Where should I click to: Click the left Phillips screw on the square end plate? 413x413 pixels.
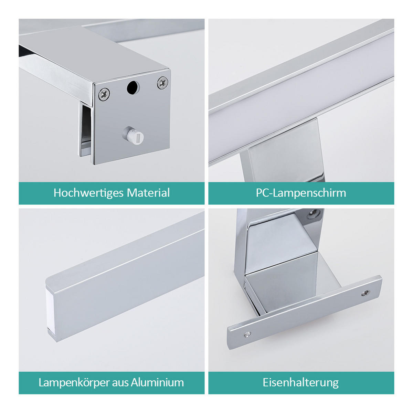click(104, 94)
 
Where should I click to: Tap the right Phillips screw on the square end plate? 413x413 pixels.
click(162, 83)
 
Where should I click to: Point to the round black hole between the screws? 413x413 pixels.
click(133, 87)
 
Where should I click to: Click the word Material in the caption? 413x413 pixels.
click(148, 193)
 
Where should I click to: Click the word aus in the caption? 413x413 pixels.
click(120, 382)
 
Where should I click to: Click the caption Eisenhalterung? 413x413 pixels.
click(301, 382)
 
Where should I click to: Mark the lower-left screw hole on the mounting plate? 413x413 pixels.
click(246, 334)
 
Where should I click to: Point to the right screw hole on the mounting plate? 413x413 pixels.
click(365, 293)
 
